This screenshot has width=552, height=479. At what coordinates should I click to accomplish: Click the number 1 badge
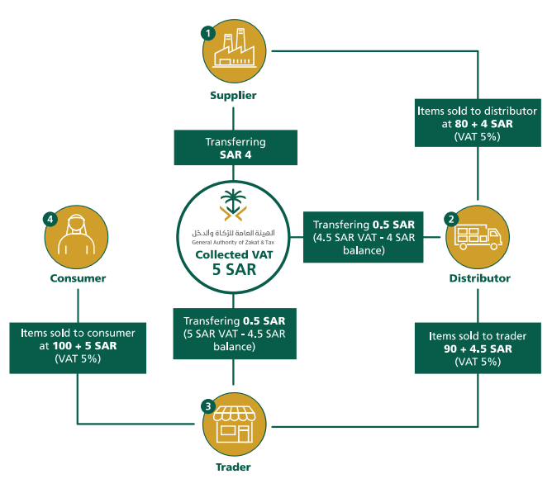(208, 33)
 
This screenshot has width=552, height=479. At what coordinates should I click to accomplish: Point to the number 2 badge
(451, 219)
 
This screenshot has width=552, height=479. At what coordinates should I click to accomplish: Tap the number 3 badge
(208, 406)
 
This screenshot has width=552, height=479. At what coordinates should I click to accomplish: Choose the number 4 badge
(50, 219)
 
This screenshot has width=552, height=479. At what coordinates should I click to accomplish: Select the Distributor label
(479, 278)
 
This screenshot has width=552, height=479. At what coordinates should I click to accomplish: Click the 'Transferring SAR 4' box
(236, 148)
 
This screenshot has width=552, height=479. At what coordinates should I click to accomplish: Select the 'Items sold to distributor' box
(477, 123)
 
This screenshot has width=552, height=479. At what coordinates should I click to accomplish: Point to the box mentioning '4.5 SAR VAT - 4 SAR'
(364, 238)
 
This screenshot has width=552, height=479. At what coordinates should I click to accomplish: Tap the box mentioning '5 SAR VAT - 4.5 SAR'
(235, 333)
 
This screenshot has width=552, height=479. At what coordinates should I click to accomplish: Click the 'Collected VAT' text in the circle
(235, 255)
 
